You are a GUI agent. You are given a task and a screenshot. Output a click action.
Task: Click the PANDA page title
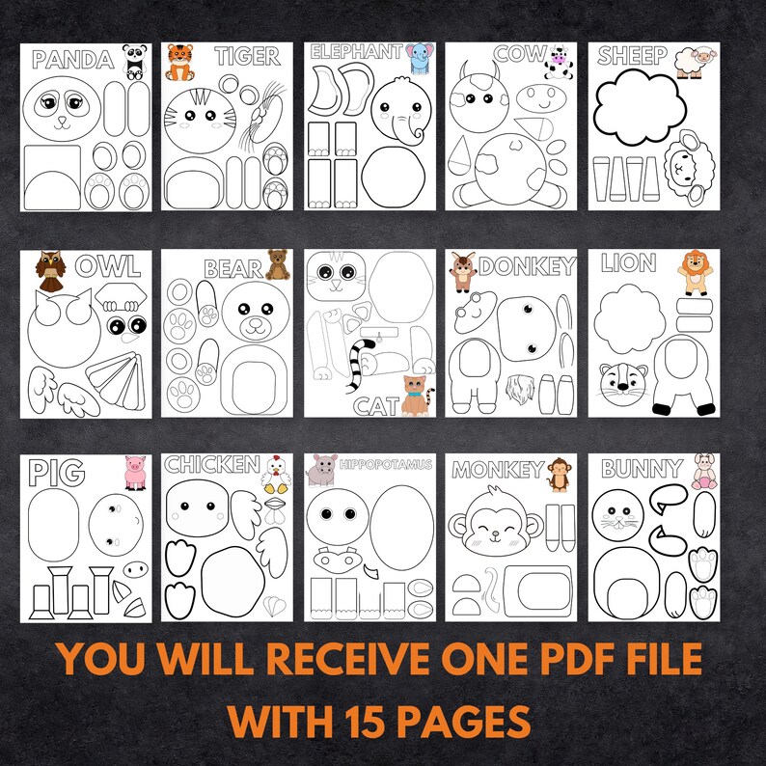tap(71, 60)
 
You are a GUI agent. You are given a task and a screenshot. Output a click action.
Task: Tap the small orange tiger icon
tap(180, 62)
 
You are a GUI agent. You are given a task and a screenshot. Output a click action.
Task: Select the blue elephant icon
tap(419, 58)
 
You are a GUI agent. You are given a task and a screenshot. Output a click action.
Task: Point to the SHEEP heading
tap(632, 56)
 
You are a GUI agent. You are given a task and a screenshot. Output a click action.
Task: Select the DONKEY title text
tap(527, 266)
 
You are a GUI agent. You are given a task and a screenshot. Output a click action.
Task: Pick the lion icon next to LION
tap(694, 271)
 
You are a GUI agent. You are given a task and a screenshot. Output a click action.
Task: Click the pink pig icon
tap(134, 471)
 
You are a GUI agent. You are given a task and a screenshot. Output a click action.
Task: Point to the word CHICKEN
tap(211, 465)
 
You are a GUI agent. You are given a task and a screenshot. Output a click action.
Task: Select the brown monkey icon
tap(559, 473)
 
